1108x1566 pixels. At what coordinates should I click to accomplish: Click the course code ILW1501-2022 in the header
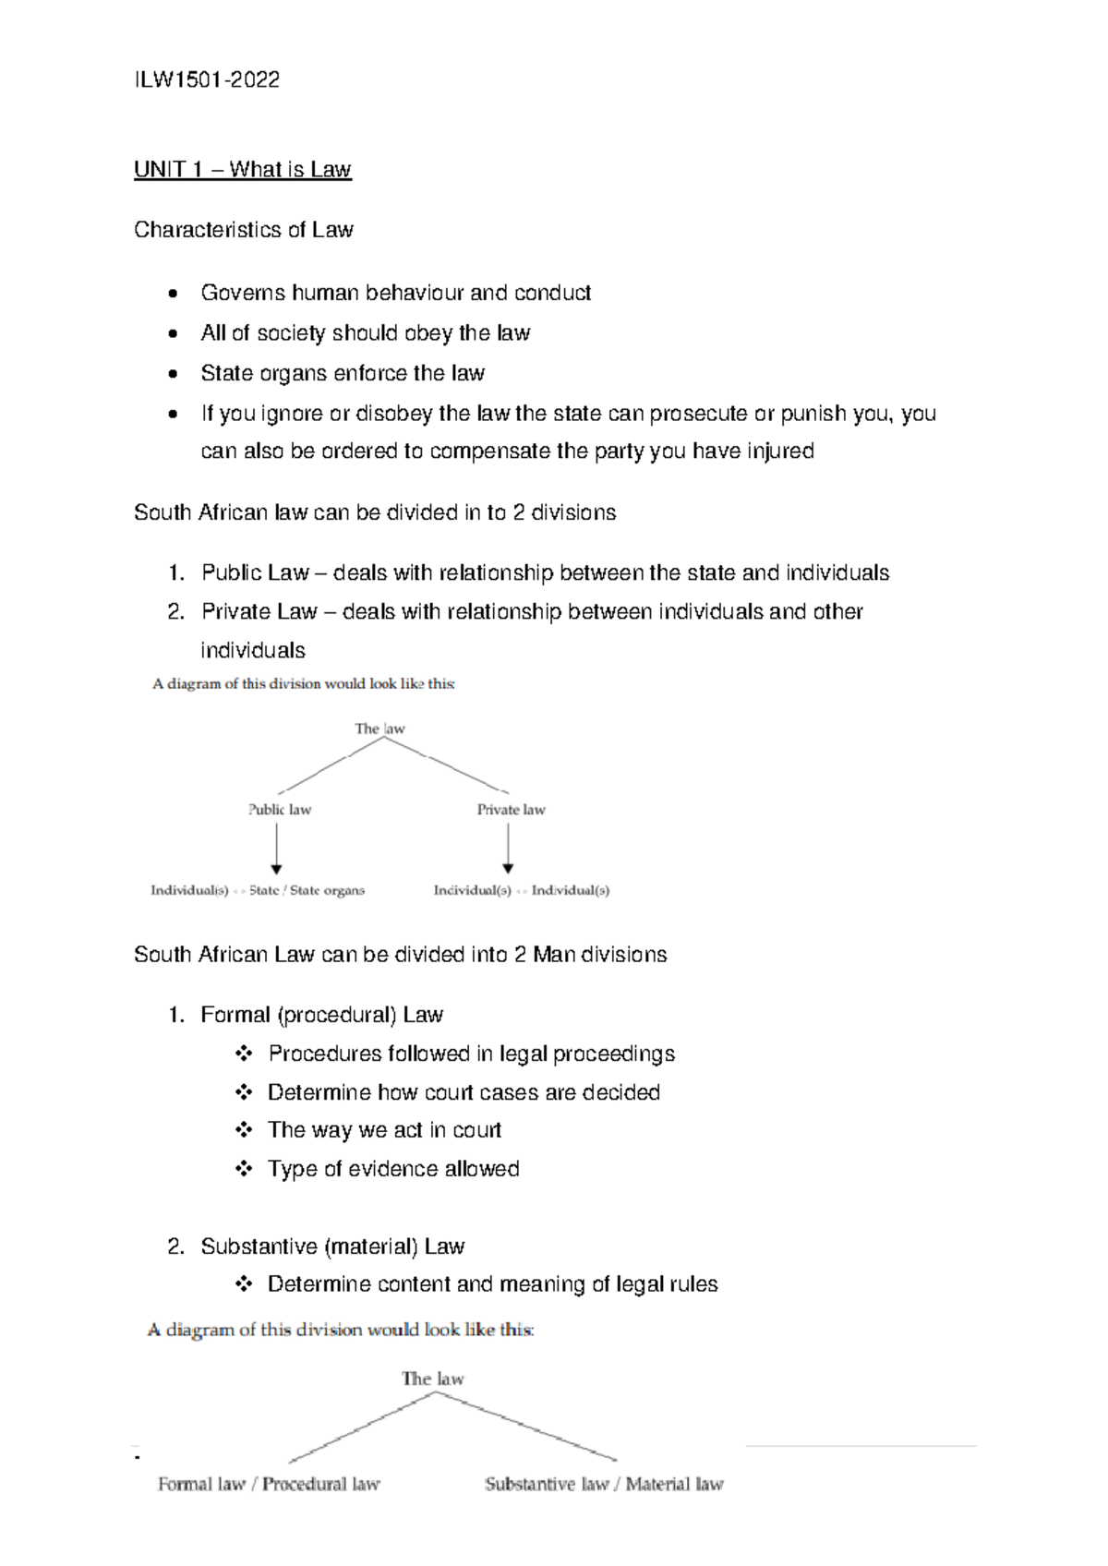(207, 80)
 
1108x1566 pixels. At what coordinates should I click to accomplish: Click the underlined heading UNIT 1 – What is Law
(243, 170)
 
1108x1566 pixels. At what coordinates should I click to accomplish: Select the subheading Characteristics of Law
(244, 230)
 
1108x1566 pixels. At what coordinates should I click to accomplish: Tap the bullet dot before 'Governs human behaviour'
(173, 294)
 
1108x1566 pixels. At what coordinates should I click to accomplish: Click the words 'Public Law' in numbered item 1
(255, 573)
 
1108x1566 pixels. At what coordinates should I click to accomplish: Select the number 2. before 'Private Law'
(176, 612)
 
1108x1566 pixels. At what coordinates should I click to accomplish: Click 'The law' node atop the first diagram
(379, 729)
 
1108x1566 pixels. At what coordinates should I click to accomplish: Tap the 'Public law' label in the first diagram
(280, 810)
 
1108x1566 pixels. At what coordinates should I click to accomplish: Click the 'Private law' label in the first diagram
(511, 810)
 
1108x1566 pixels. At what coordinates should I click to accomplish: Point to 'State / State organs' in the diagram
(307, 891)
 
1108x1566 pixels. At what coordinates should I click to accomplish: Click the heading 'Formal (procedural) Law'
(321, 1016)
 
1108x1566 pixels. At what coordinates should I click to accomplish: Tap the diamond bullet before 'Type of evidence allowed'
(243, 1169)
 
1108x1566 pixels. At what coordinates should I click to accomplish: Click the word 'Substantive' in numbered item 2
(259, 1247)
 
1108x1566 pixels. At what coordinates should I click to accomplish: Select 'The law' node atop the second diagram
(432, 1379)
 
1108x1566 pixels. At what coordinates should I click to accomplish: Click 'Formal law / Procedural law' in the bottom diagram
(269, 1485)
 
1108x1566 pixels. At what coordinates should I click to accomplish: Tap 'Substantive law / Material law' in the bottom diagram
(604, 1485)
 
